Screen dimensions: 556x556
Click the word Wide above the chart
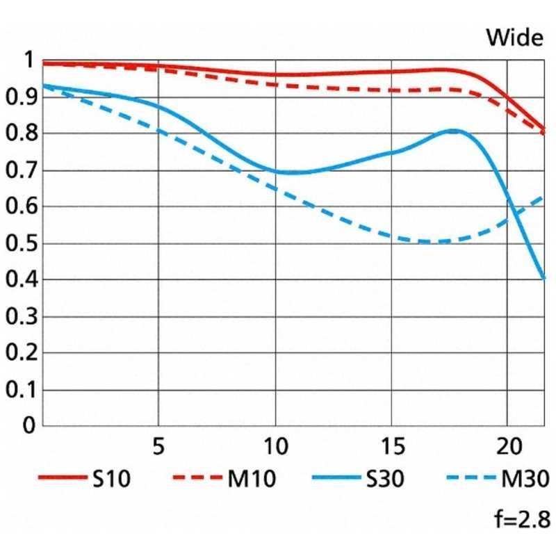[515, 38]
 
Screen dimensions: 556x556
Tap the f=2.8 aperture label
[523, 519]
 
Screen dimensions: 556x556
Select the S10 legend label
[111, 478]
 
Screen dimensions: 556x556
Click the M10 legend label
[252, 478]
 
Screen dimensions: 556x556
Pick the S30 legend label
[385, 478]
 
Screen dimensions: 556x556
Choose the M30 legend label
[525, 478]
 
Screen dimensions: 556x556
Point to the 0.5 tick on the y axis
[22, 243]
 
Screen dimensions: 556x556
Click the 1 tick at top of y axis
[28, 60]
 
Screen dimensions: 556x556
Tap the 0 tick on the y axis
[29, 425]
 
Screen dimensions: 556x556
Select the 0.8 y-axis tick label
[22, 133]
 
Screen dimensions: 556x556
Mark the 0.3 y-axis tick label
[22, 316]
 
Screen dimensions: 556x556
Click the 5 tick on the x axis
[158, 446]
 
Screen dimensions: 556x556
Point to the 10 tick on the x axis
[276, 446]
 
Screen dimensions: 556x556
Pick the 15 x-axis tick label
[393, 446]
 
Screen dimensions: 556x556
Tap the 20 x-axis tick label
[509, 446]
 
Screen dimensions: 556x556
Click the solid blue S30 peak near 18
[452, 131]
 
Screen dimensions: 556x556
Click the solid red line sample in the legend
[63, 477]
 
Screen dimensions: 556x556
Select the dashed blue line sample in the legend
[471, 477]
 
